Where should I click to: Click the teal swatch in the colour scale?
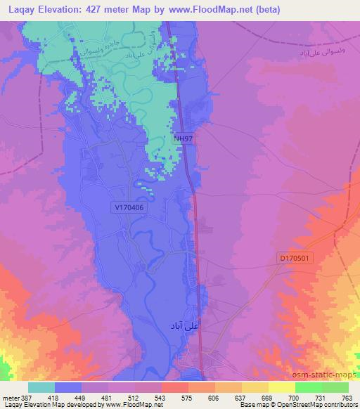click(41, 387)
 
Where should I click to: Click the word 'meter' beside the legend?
click(11, 398)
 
